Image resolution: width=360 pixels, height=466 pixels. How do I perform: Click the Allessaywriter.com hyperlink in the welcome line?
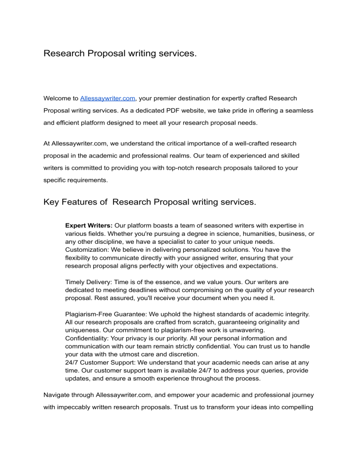[x=108, y=99]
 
